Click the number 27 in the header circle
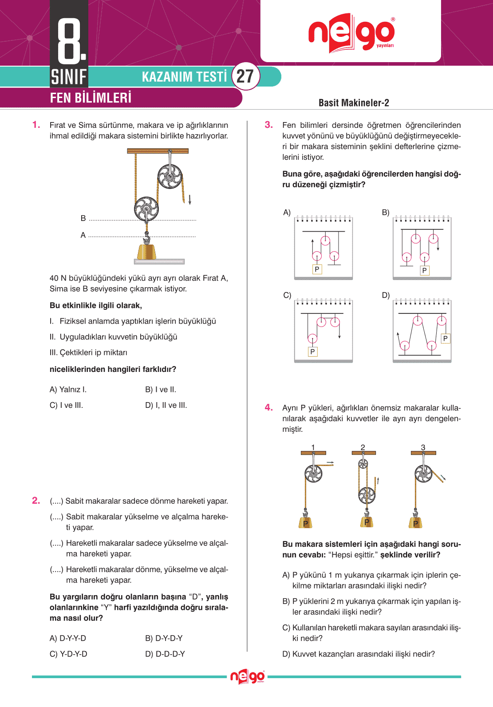click(x=245, y=76)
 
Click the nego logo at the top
click(x=351, y=34)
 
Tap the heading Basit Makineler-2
click(x=354, y=103)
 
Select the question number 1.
click(x=36, y=125)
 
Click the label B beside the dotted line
click(x=83, y=218)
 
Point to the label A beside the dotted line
click(x=83, y=235)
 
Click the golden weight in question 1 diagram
click(x=146, y=252)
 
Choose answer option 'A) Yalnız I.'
click(x=68, y=390)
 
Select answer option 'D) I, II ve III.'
click(x=166, y=405)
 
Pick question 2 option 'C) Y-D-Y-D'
click(x=68, y=654)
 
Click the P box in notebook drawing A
click(x=317, y=269)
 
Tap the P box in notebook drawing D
click(x=446, y=339)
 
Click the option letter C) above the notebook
click(x=287, y=295)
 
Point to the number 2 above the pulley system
click(x=363, y=447)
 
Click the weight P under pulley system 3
click(x=415, y=523)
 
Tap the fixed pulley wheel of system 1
click(x=313, y=474)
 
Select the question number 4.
click(x=269, y=407)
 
